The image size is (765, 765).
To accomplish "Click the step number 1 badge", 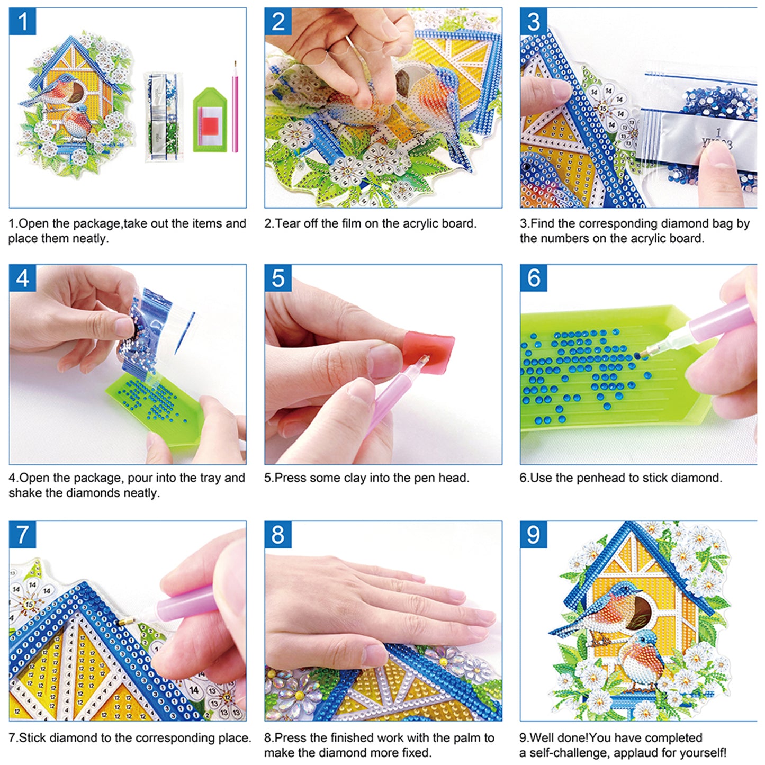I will (22, 22).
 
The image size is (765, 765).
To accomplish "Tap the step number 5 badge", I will (278, 278).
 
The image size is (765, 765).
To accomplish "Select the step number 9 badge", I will (533, 535).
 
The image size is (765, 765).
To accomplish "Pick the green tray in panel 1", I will (210, 121).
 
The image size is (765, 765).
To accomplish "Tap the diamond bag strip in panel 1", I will (164, 116).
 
